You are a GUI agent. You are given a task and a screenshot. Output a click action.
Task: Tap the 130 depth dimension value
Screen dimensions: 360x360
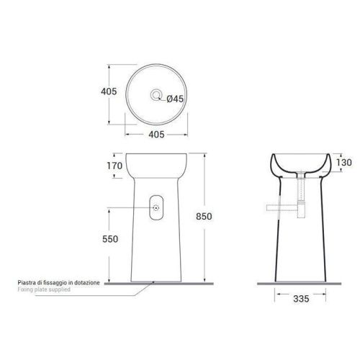pos(344,163)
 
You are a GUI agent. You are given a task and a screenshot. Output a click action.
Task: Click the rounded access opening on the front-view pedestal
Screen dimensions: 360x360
pos(156,207)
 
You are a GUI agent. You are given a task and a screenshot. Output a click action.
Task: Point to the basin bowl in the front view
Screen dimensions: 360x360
pos(156,164)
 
